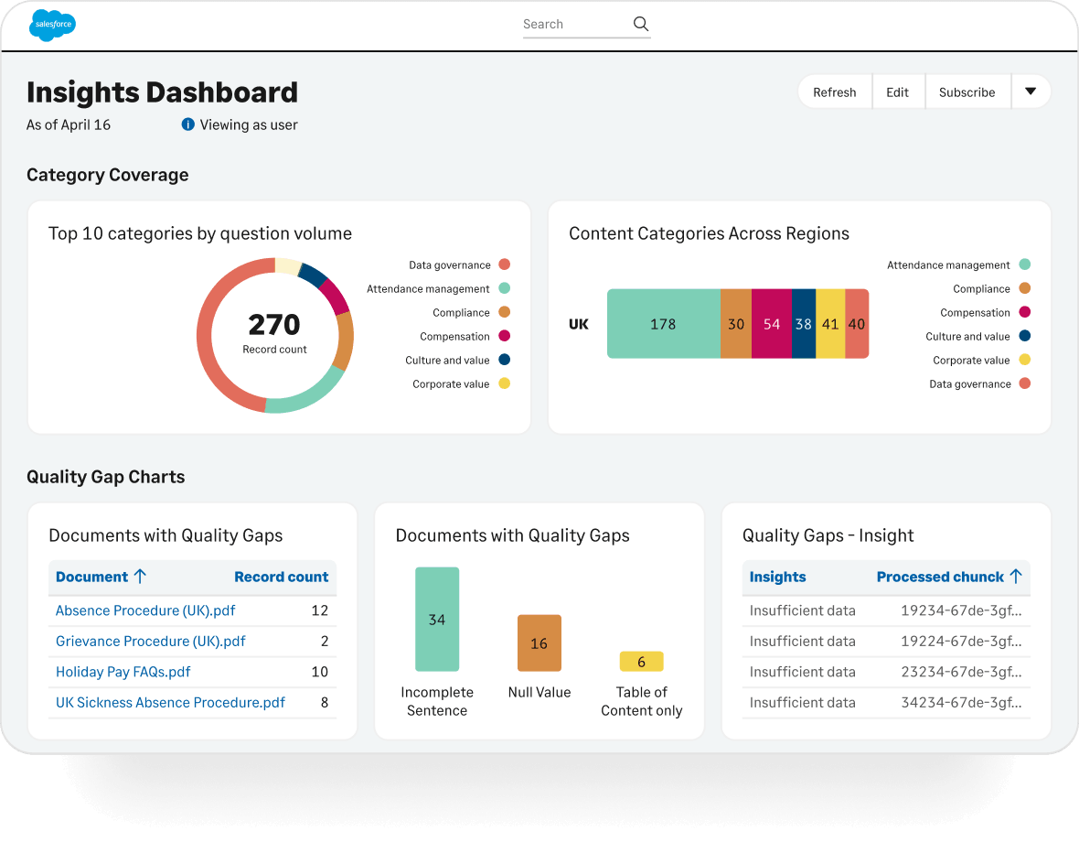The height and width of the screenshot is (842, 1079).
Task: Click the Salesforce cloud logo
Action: click(x=52, y=25)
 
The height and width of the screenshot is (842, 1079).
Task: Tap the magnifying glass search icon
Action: click(x=641, y=24)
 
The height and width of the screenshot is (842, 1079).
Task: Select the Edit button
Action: click(x=897, y=92)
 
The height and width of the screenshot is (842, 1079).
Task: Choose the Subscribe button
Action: click(x=967, y=92)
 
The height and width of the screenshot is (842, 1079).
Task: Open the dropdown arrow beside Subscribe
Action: click(x=1031, y=92)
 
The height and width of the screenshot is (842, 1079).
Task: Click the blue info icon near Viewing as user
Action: click(x=187, y=124)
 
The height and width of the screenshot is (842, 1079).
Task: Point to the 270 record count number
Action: click(x=274, y=324)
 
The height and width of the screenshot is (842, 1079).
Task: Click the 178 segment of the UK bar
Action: click(x=663, y=324)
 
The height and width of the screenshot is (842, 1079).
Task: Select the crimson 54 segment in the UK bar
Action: click(x=772, y=324)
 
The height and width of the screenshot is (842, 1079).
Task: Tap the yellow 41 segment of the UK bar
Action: click(x=830, y=324)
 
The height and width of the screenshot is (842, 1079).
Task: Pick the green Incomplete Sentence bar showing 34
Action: click(x=437, y=619)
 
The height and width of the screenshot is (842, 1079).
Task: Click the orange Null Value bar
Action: click(x=539, y=643)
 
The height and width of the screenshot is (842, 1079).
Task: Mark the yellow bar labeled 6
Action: click(x=641, y=662)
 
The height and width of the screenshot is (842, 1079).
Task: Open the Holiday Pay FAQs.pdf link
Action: click(x=123, y=672)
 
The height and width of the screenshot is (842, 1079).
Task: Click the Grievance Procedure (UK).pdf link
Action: click(x=151, y=641)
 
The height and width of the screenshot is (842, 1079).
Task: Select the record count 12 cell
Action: click(x=319, y=610)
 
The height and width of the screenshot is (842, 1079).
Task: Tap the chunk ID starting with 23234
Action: click(x=961, y=672)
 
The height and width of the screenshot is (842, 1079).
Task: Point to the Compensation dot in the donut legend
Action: click(x=505, y=336)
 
